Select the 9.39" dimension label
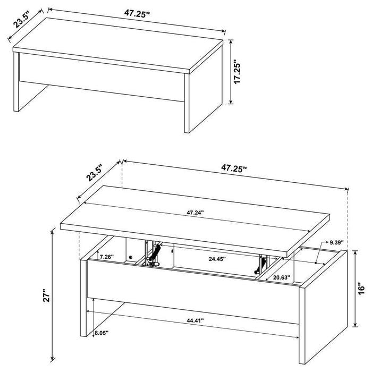(337, 242)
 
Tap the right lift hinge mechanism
(261, 264)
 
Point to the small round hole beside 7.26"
(130, 257)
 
